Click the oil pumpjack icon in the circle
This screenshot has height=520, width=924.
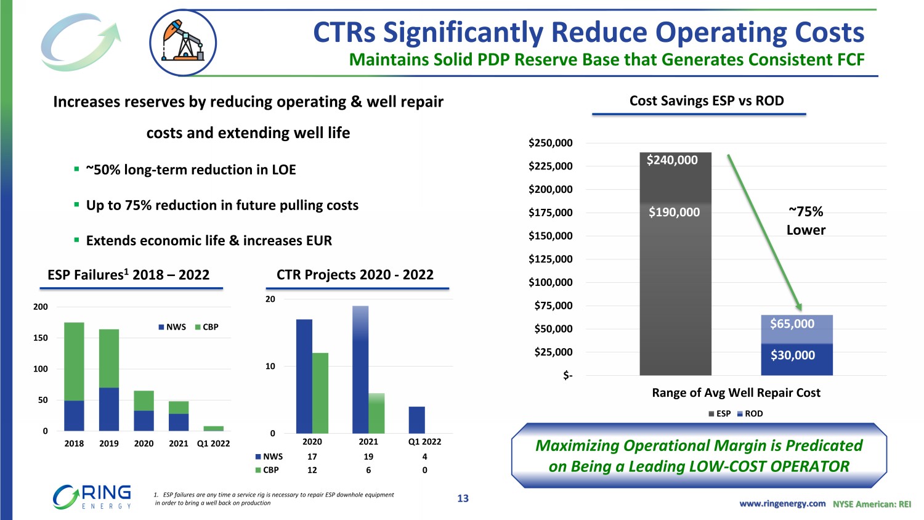click(x=182, y=43)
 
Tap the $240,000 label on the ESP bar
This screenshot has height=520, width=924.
click(x=672, y=160)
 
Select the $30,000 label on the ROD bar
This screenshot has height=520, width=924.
click(x=793, y=355)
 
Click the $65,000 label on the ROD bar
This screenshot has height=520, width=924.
click(x=792, y=324)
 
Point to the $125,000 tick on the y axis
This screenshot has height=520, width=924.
click(x=550, y=259)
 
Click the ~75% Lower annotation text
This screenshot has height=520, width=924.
click(x=806, y=221)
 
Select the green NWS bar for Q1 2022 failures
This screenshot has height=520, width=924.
click(x=213, y=428)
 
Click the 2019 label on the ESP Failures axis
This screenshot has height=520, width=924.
click(x=109, y=444)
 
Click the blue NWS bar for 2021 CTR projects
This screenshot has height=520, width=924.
click(x=360, y=370)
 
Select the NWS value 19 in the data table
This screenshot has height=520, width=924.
click(x=368, y=457)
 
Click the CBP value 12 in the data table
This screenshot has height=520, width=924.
click(x=312, y=470)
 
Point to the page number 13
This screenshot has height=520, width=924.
click(x=463, y=498)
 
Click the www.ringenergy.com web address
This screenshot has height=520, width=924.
click(x=782, y=504)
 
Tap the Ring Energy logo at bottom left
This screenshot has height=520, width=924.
click(x=92, y=497)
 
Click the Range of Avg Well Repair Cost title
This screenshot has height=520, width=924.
click(x=736, y=393)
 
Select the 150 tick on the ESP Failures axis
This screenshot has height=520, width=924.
click(x=41, y=338)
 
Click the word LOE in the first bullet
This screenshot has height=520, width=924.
click(x=283, y=170)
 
